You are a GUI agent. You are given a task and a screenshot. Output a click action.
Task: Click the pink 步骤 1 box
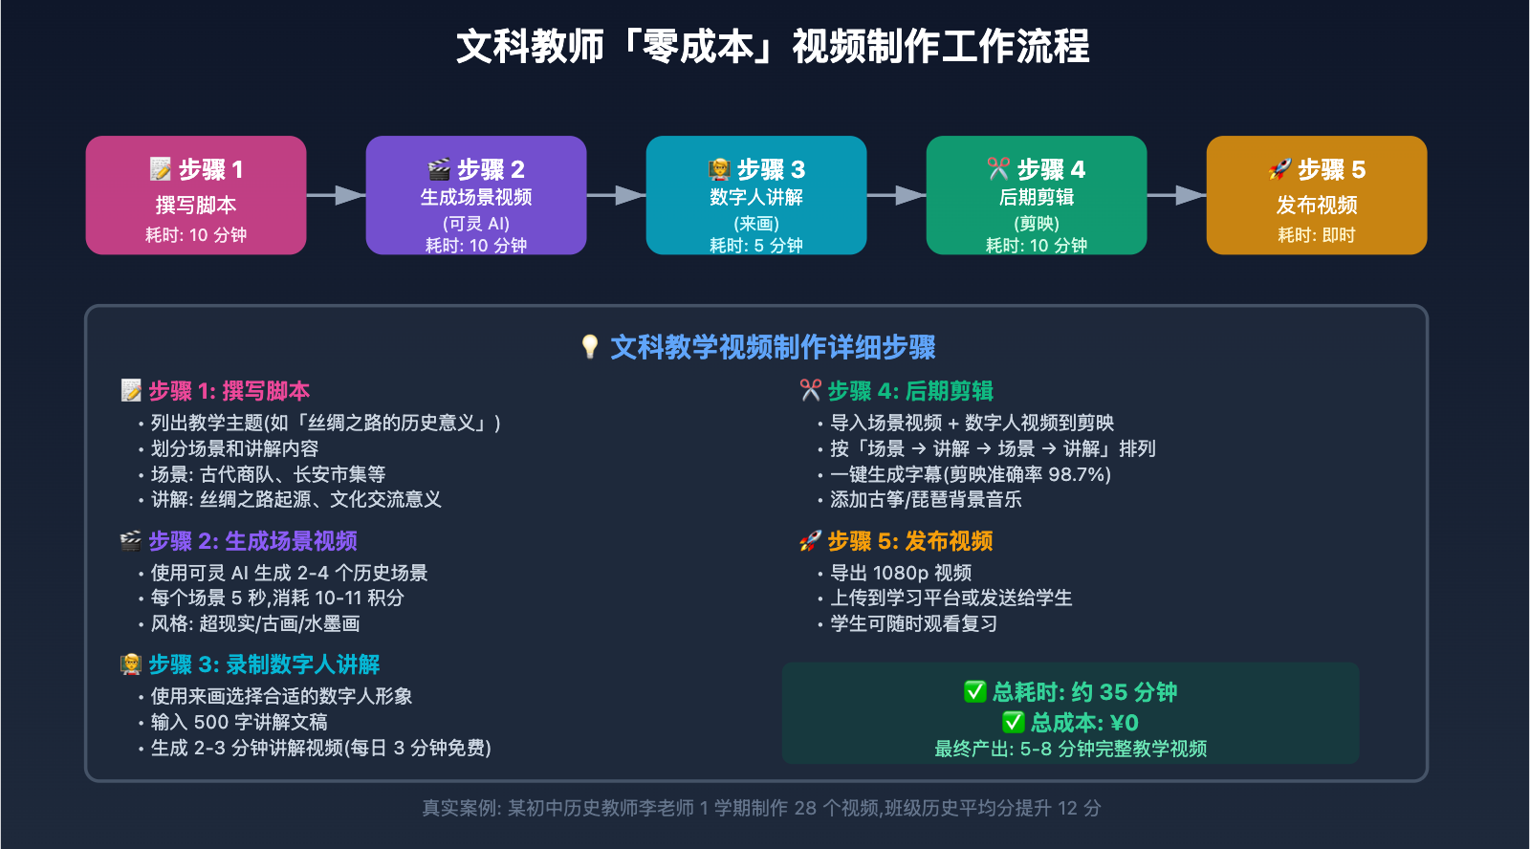(x=196, y=195)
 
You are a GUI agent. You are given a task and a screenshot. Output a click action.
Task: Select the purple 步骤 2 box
(x=476, y=195)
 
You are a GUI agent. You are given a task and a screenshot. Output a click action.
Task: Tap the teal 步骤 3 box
(x=756, y=195)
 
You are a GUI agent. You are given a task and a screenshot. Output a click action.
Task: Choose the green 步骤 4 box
(x=1037, y=195)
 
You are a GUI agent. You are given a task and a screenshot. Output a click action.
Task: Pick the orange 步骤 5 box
(x=1317, y=195)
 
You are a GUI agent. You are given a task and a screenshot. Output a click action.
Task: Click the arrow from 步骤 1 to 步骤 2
(x=336, y=195)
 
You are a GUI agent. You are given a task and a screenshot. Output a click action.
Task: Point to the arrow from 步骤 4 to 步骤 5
(x=1176, y=195)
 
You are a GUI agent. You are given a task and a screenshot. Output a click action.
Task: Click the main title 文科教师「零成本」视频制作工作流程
(x=773, y=46)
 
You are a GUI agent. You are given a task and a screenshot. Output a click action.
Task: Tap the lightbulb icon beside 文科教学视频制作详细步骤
(x=590, y=346)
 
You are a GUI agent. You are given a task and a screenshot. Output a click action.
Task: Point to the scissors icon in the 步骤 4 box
(x=997, y=169)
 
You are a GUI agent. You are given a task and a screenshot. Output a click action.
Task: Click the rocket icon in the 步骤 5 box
(x=1279, y=169)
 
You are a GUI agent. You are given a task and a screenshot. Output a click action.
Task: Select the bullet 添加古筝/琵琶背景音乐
(x=925, y=499)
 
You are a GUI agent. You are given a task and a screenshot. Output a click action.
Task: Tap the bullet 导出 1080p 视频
(x=900, y=573)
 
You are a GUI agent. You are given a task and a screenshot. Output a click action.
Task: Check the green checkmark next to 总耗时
(x=974, y=691)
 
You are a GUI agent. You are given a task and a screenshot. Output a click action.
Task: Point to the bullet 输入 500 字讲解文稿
(x=238, y=722)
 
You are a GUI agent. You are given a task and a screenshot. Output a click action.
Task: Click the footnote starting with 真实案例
(x=761, y=808)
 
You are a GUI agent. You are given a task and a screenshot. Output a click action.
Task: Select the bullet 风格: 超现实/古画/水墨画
(x=254, y=623)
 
